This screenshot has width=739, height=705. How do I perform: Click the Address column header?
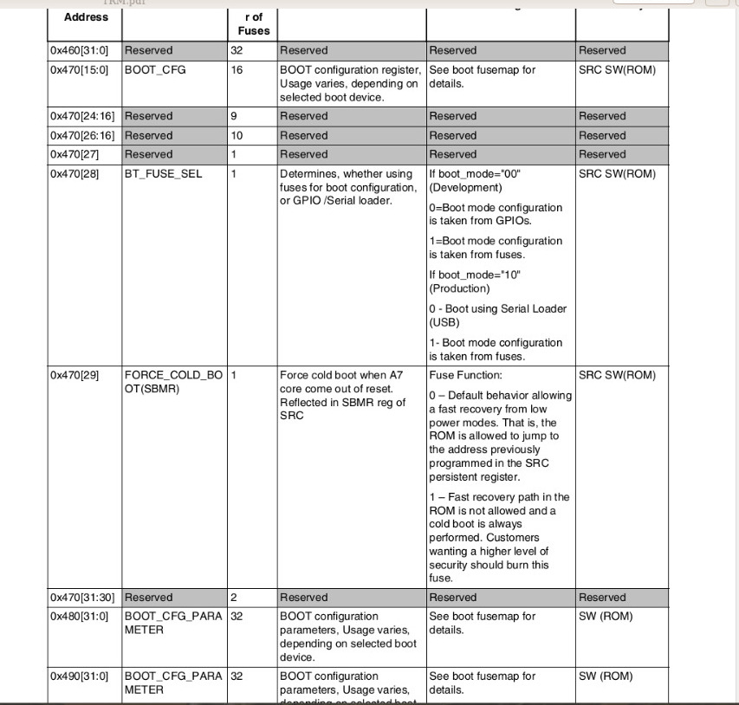[x=86, y=16]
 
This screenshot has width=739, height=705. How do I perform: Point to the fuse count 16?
[x=237, y=69]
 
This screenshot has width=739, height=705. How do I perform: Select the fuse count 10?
[x=237, y=135]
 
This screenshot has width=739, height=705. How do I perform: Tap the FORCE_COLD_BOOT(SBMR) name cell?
[x=173, y=382]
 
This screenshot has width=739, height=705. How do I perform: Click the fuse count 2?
[x=234, y=598]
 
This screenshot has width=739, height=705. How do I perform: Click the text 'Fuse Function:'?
[x=465, y=375]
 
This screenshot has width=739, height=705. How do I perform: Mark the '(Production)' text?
[x=459, y=288]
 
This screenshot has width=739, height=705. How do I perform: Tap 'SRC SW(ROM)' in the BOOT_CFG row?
[x=617, y=69]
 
